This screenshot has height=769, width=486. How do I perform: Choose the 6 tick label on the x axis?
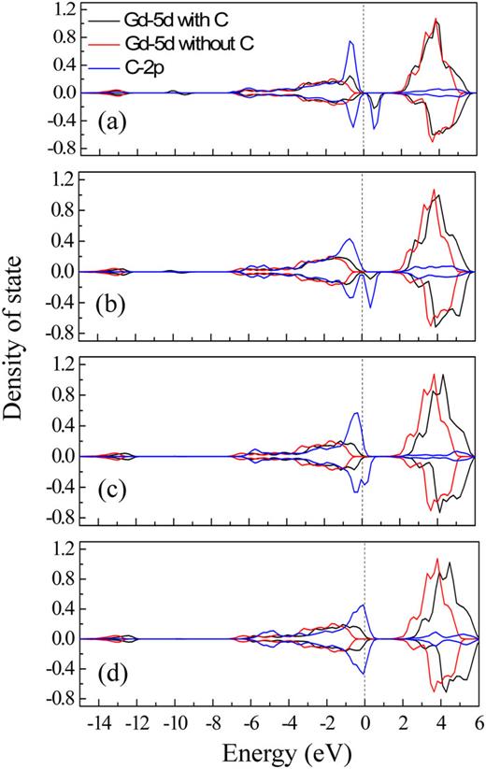click(479, 724)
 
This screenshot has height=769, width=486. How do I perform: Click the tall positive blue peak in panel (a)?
click(350, 41)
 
